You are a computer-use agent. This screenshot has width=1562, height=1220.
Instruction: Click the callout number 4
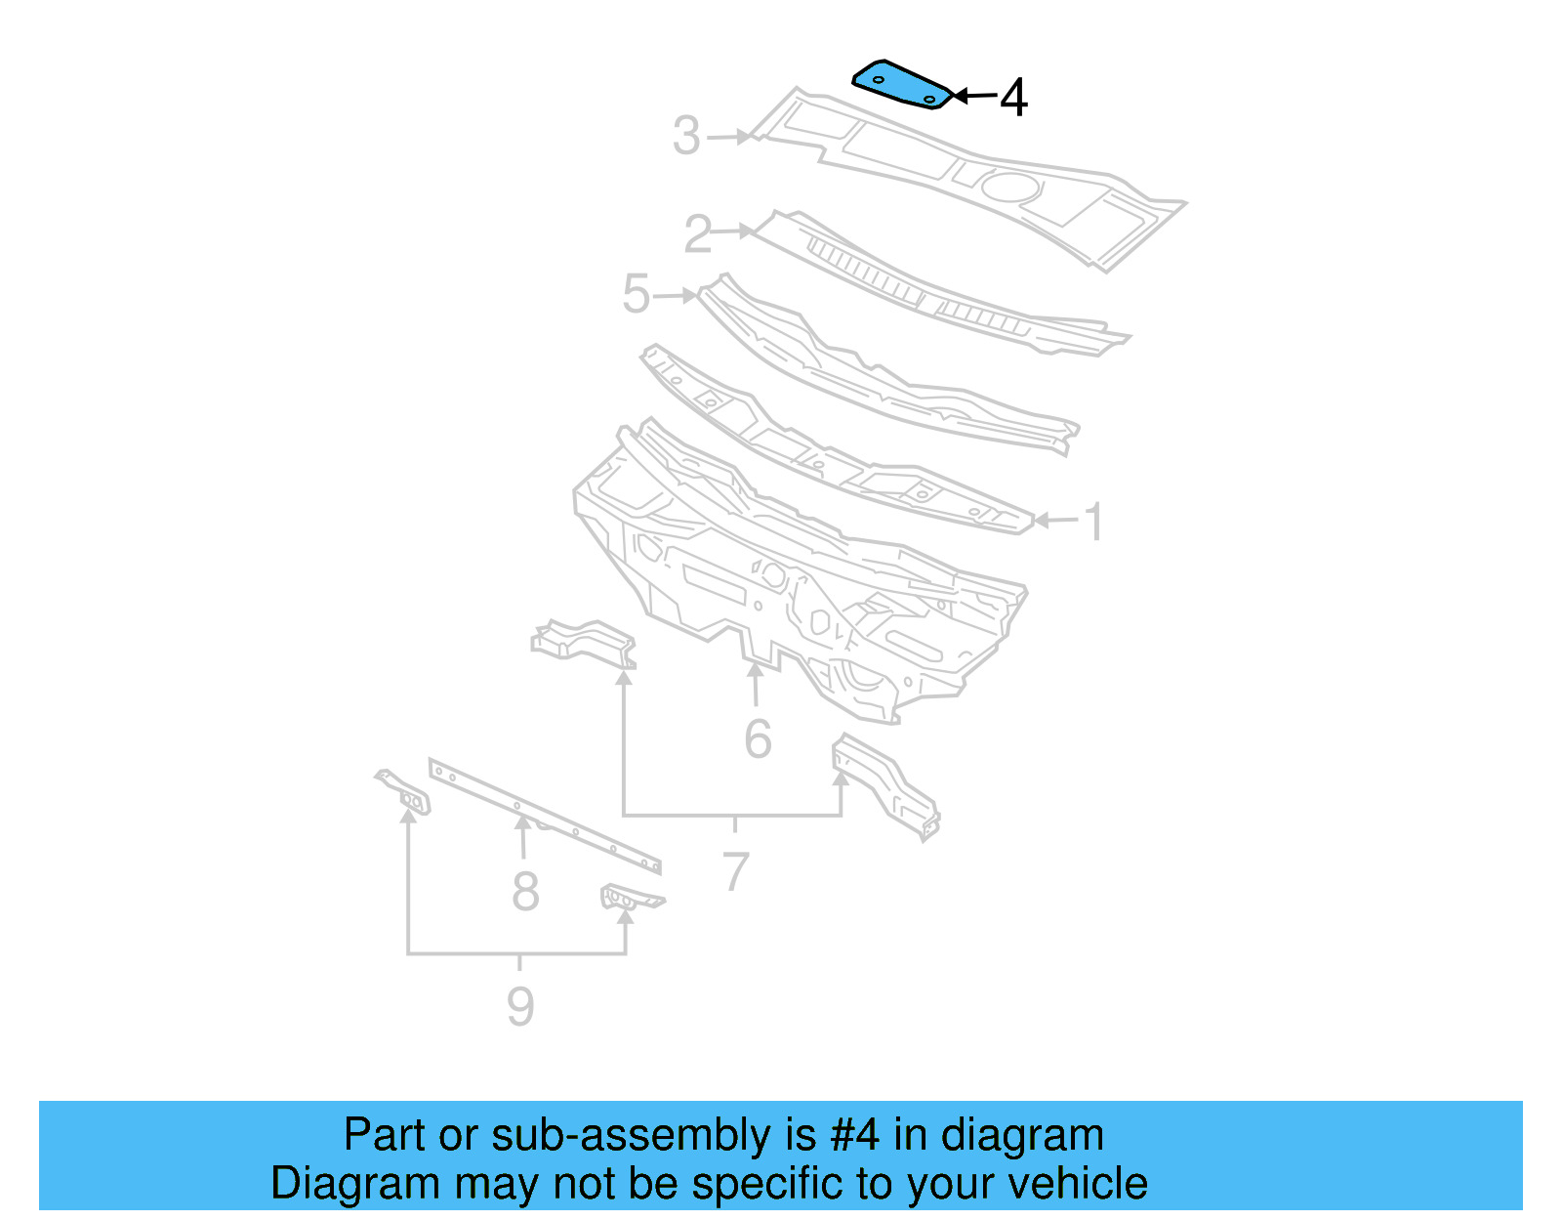tap(1014, 98)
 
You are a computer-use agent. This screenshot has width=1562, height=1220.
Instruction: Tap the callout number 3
tap(686, 136)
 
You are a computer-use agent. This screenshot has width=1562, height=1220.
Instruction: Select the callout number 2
tap(698, 234)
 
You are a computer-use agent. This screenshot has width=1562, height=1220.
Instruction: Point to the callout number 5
tap(637, 294)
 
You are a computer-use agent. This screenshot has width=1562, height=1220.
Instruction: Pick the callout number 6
tap(758, 739)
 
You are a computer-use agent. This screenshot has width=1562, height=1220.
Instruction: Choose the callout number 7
tap(735, 872)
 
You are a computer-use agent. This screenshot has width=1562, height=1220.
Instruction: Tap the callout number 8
tap(525, 892)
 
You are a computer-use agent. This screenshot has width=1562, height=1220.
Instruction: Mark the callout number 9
tap(520, 1006)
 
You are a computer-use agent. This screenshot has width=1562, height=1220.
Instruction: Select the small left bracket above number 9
tap(404, 792)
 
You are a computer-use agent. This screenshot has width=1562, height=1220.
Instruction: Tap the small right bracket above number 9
tap(630, 897)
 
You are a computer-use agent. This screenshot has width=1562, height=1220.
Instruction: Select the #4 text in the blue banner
tap(854, 1136)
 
